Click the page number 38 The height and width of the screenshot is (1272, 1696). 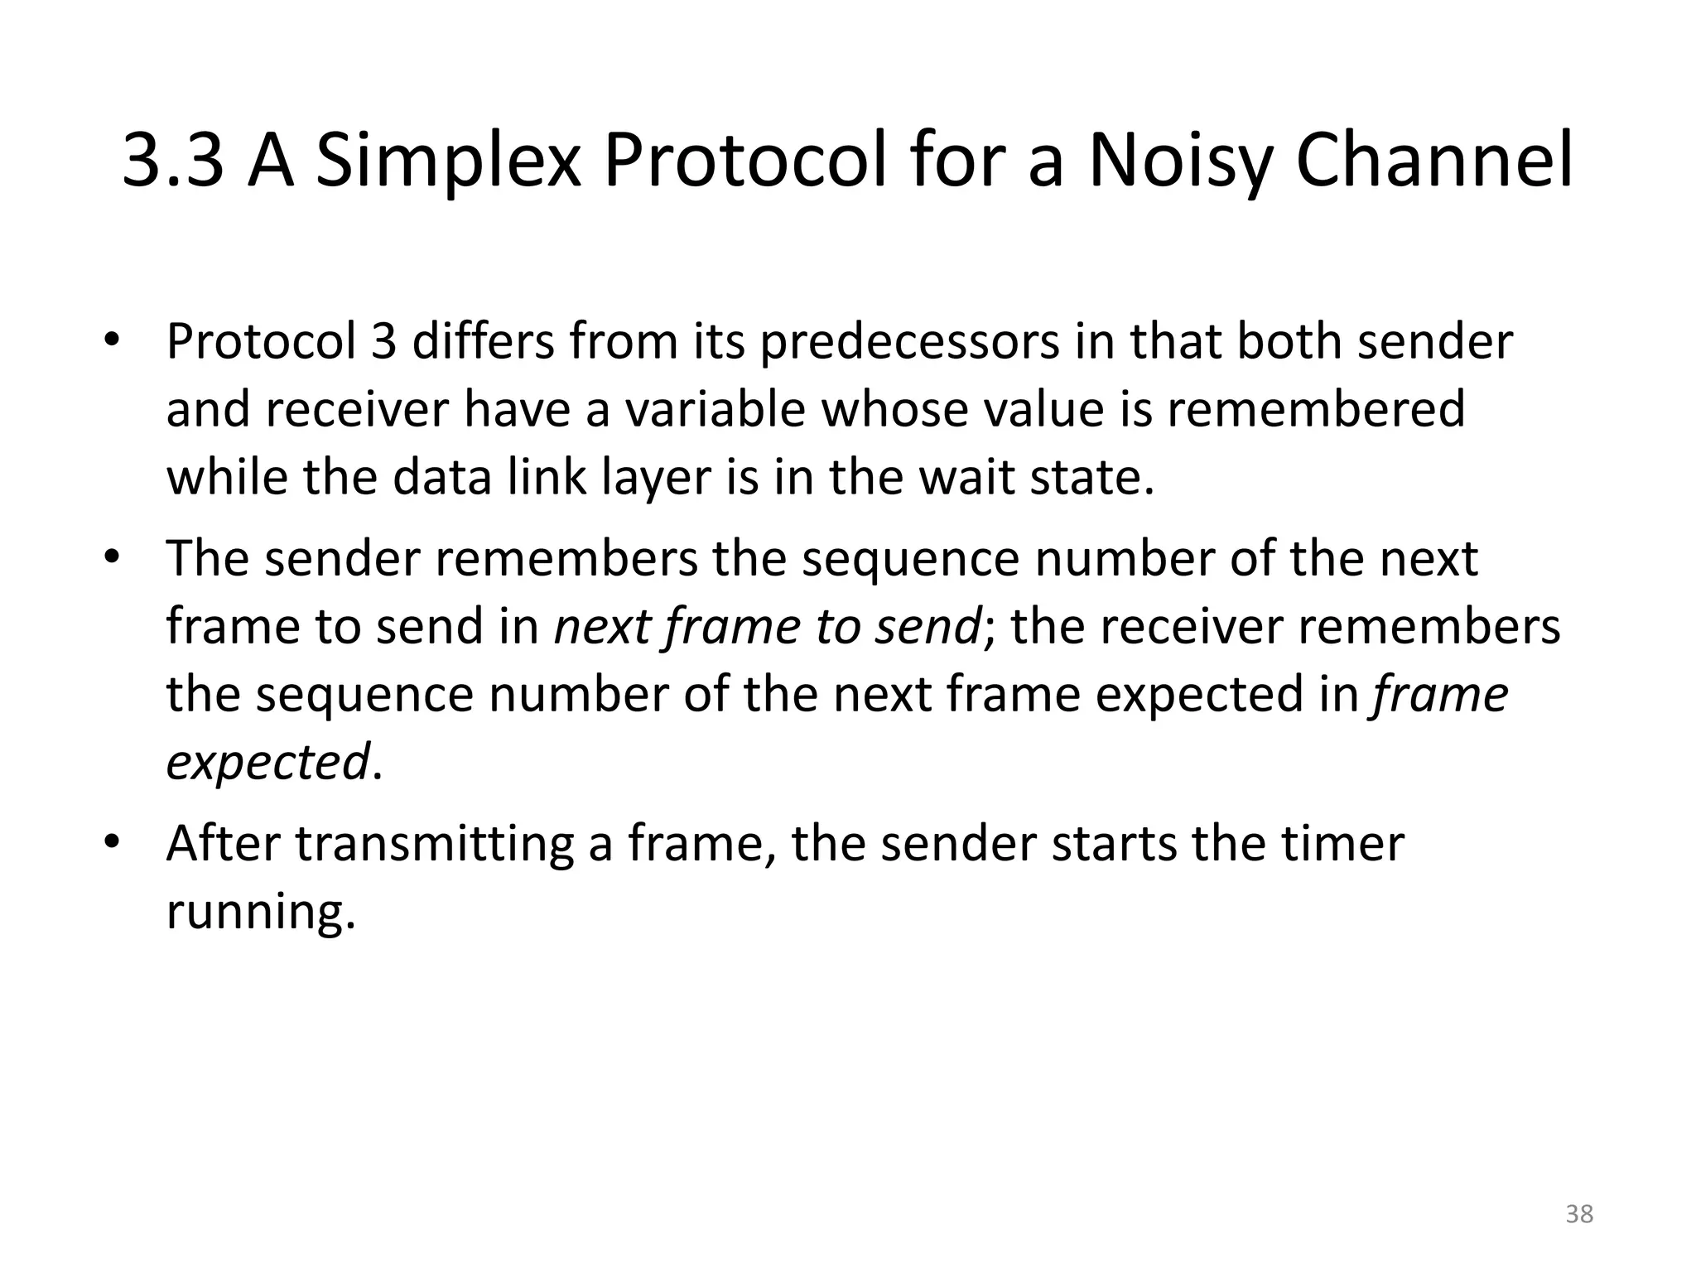point(1579,1214)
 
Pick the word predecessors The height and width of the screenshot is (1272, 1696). point(908,341)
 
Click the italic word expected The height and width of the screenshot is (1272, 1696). point(267,763)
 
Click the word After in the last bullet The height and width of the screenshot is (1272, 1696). point(223,844)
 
